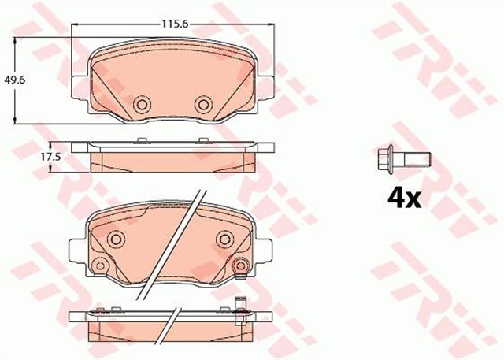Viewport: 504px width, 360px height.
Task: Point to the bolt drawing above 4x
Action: tap(402, 158)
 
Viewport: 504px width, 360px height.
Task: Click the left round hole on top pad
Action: tap(143, 103)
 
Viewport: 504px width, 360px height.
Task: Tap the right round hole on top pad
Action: tap(204, 103)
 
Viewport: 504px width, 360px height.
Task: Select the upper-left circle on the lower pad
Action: tap(117, 239)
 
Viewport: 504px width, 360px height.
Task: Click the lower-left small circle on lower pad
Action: tap(99, 265)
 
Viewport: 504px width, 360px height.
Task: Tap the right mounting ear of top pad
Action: tap(268, 88)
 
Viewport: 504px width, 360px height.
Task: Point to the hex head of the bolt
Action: tap(385, 158)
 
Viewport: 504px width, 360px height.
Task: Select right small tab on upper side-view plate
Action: tap(207, 140)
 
